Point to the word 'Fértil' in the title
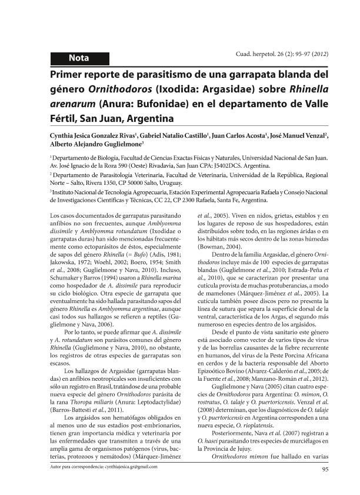(65, 119)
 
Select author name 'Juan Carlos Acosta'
(238, 135)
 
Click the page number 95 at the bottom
(324, 469)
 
